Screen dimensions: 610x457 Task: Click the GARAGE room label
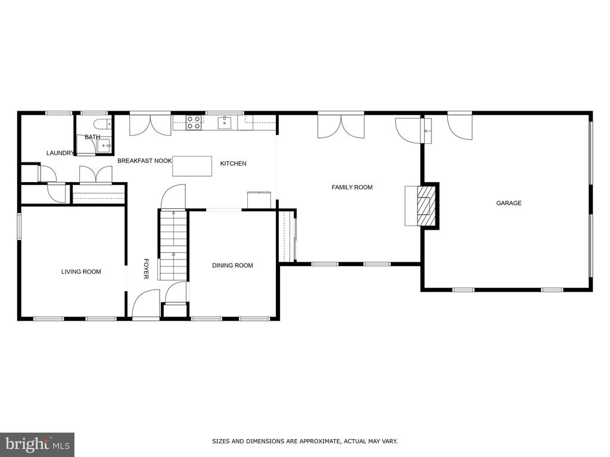(509, 203)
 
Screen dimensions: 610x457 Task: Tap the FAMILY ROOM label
(352, 187)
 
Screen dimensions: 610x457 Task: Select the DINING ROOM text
(232, 265)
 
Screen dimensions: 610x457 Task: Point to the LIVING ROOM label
(81, 271)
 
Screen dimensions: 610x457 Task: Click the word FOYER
(146, 268)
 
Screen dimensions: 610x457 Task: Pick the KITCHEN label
(233, 164)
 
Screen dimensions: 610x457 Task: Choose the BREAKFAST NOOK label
(144, 161)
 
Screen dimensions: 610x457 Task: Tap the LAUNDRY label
(60, 153)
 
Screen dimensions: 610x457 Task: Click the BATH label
(92, 137)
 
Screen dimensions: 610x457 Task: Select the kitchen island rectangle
(192, 166)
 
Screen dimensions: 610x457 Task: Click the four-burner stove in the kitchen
(194, 123)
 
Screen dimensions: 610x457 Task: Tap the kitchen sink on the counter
(225, 123)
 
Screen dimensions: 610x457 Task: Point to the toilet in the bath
(102, 124)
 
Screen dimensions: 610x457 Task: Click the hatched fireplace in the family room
(426, 205)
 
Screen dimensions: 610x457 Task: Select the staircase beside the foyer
(173, 245)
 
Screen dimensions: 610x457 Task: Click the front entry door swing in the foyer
(146, 304)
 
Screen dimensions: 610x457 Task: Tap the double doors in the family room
(341, 126)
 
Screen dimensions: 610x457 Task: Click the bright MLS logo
(38, 444)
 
